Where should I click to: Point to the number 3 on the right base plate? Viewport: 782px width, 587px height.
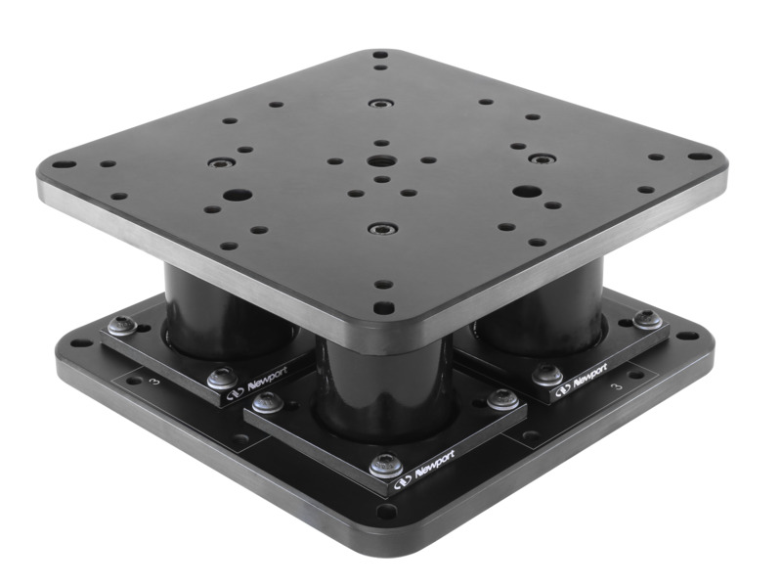click(x=614, y=387)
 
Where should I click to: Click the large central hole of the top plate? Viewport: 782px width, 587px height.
click(x=379, y=165)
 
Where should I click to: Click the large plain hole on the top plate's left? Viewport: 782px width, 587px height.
click(x=233, y=195)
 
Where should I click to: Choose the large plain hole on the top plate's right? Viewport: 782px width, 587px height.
click(x=526, y=191)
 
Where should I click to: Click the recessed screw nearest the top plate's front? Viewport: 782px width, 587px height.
click(x=378, y=229)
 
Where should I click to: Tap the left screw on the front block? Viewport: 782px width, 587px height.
click(x=266, y=401)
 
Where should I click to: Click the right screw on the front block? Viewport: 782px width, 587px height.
click(x=501, y=397)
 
